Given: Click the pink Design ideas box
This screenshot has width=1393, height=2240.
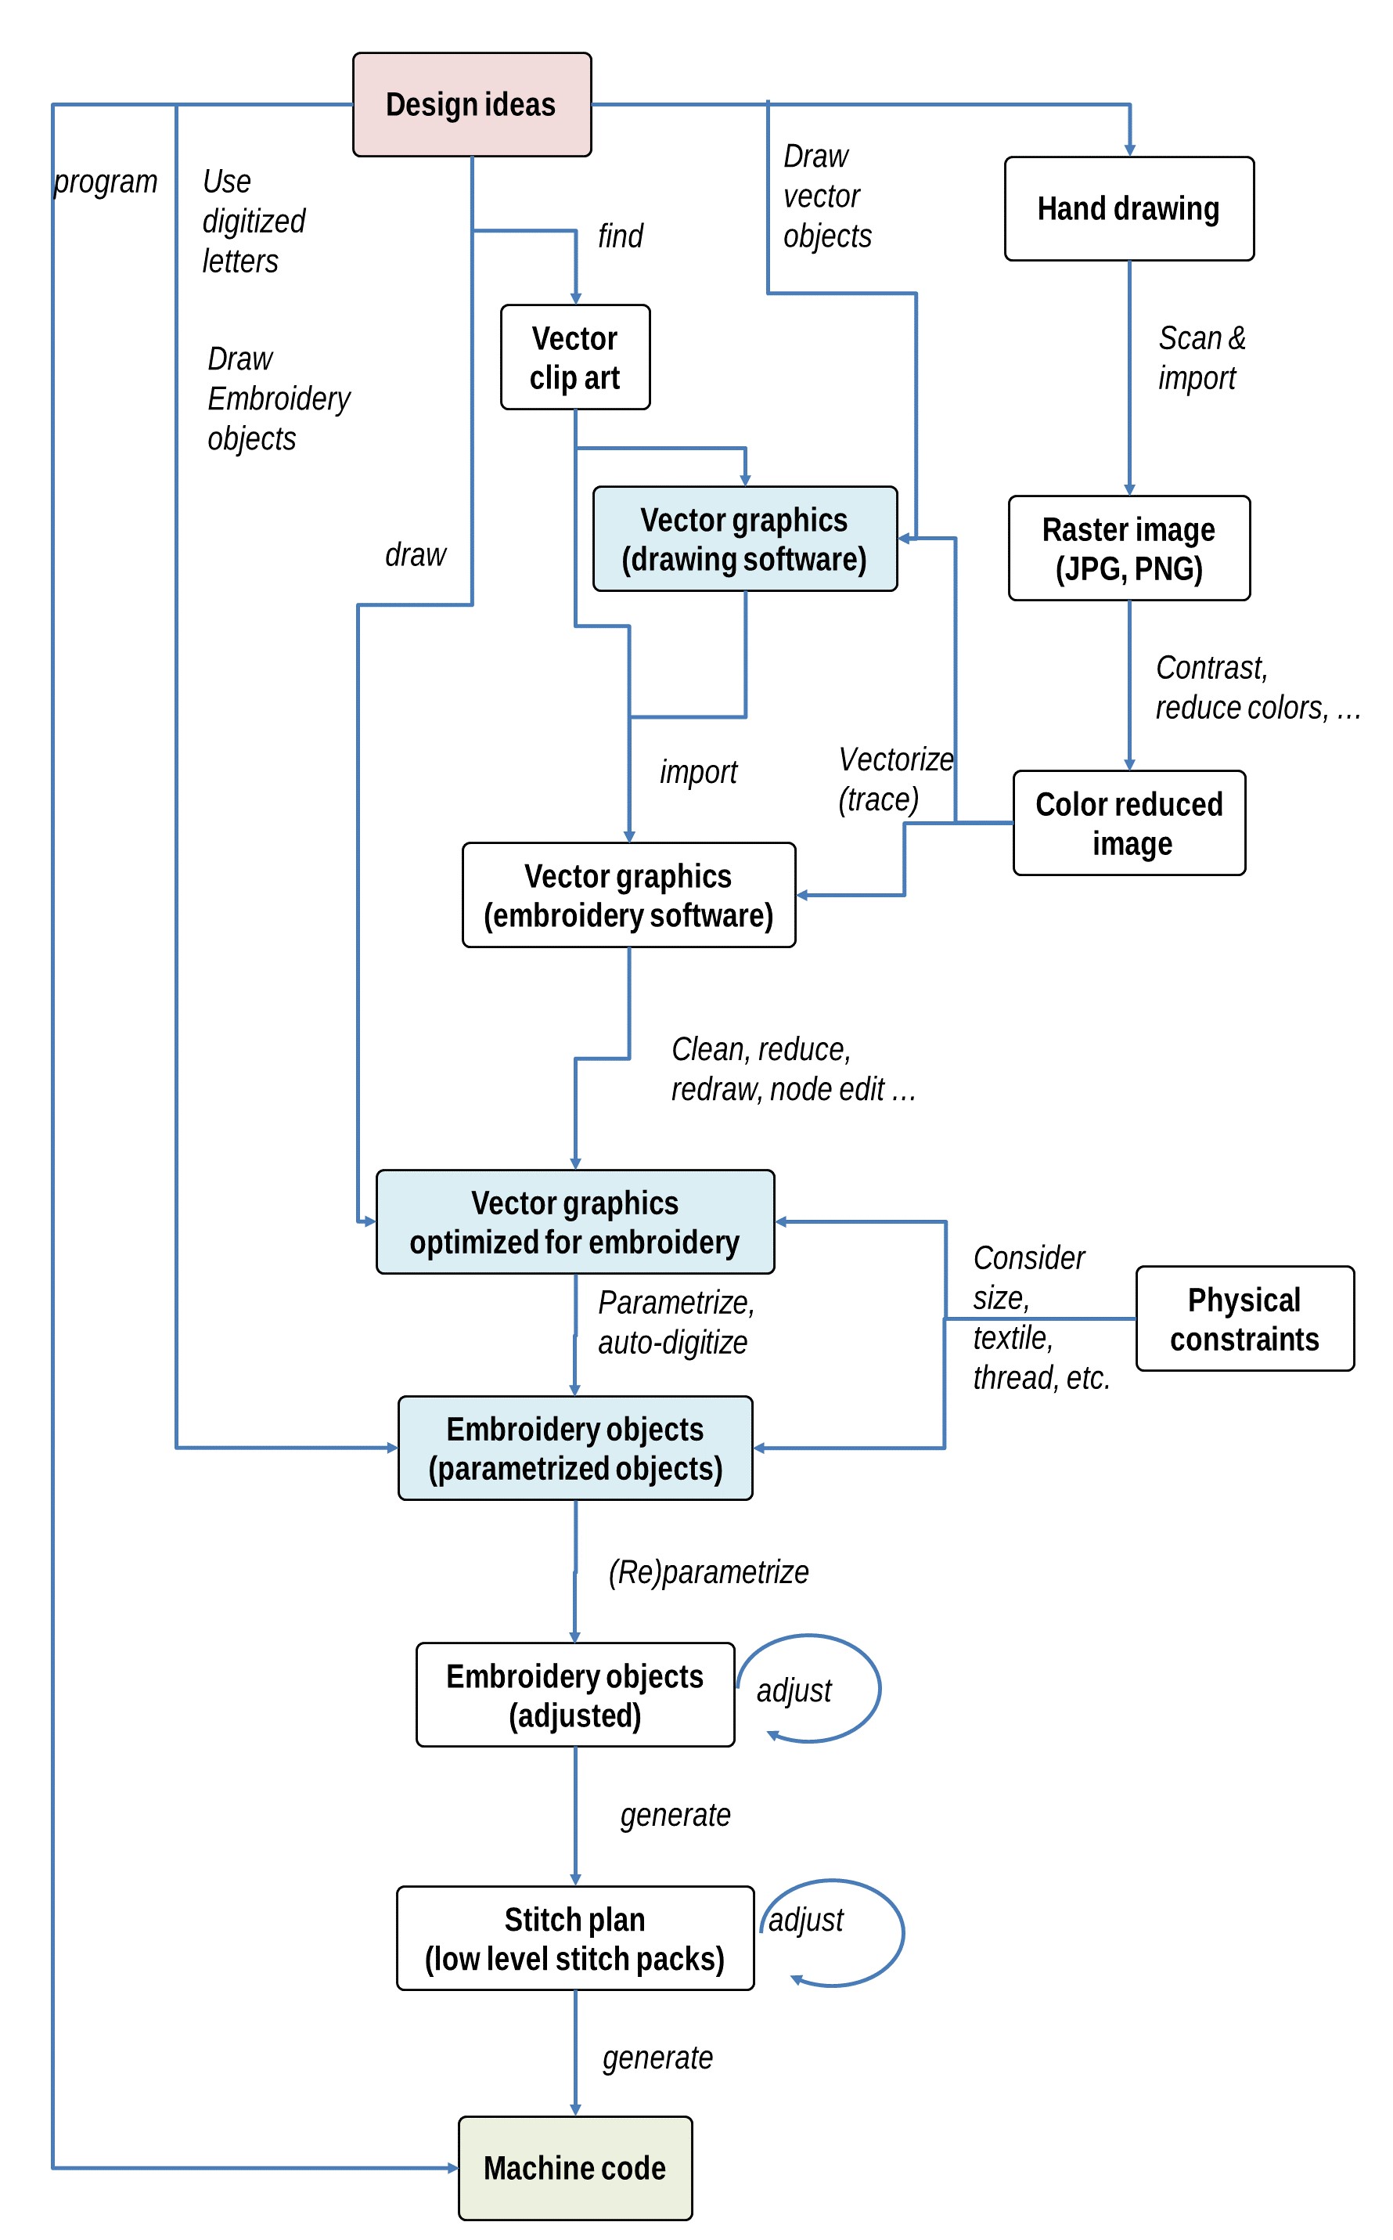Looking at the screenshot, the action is [x=472, y=104].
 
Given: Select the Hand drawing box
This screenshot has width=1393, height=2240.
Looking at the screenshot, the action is [x=1128, y=208].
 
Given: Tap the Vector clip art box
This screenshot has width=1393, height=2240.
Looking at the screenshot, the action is [x=575, y=358].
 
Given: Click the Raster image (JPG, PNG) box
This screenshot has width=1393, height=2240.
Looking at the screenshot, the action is [x=1128, y=548].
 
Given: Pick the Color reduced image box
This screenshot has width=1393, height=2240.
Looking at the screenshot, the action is [x=1128, y=823].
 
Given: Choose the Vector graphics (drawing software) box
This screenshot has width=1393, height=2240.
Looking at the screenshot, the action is [x=744, y=539].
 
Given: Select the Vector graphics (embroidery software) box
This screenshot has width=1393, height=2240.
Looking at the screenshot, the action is [x=628, y=895].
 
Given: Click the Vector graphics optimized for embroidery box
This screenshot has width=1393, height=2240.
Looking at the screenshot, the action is [x=575, y=1222].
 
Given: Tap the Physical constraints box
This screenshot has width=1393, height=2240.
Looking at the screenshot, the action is [x=1244, y=1318].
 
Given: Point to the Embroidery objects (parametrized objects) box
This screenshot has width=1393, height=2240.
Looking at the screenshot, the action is [x=575, y=1448].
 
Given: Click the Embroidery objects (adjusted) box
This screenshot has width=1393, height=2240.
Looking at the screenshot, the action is [x=575, y=1694].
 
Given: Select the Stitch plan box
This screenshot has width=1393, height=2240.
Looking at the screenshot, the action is [x=575, y=1938].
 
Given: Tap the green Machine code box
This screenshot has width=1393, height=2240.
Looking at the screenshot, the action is [x=575, y=2168].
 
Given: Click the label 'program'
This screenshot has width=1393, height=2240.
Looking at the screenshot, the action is [x=106, y=182].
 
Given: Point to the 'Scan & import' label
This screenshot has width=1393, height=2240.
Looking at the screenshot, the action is [x=1201, y=358].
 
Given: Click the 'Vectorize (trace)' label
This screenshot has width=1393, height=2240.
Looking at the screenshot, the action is [x=895, y=778].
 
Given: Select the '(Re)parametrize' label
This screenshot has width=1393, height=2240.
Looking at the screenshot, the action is [x=708, y=1572].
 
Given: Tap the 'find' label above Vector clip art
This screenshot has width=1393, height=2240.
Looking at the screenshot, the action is [x=620, y=236].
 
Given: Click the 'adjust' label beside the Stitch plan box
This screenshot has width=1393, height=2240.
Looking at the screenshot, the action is [x=806, y=1921].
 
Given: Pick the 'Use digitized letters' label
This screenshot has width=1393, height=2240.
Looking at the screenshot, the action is [x=254, y=221].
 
